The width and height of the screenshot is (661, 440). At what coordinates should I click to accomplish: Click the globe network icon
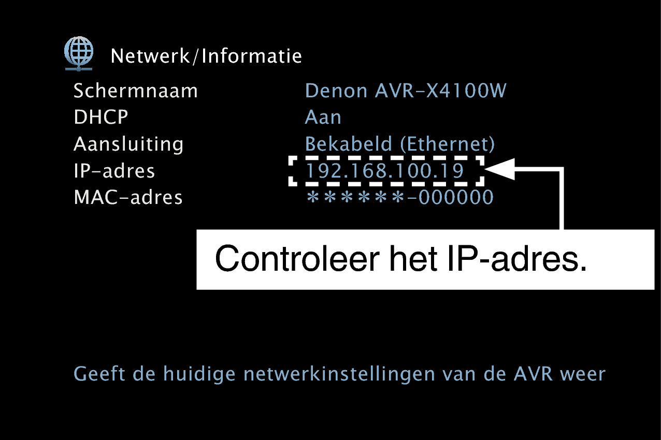pyautogui.click(x=79, y=54)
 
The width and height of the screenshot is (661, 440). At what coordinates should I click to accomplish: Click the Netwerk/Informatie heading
pyautogui.click(x=206, y=56)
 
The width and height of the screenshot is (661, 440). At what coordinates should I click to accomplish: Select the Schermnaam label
pyautogui.click(x=135, y=91)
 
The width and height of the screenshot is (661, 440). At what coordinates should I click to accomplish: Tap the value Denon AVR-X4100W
pyautogui.click(x=406, y=91)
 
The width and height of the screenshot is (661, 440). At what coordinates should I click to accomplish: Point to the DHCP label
pyautogui.click(x=100, y=117)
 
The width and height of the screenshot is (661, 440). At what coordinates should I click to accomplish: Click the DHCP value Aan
pyautogui.click(x=323, y=117)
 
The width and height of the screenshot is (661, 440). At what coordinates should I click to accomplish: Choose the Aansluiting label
pyautogui.click(x=128, y=144)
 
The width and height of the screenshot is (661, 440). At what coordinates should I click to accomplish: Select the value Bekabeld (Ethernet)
pyautogui.click(x=399, y=144)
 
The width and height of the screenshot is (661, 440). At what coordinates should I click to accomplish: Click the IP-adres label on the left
pyautogui.click(x=114, y=171)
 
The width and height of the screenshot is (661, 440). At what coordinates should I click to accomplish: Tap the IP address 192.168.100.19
pyautogui.click(x=385, y=171)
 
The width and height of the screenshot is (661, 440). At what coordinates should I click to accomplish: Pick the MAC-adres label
pyautogui.click(x=128, y=197)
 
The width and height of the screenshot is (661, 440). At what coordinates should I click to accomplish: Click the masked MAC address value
pyautogui.click(x=400, y=197)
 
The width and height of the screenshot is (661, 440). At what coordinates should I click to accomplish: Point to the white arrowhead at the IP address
pyautogui.click(x=499, y=169)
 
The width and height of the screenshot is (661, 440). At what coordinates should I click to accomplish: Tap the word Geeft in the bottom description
pyautogui.click(x=99, y=374)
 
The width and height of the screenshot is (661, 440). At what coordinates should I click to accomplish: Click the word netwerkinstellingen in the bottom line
pyautogui.click(x=339, y=375)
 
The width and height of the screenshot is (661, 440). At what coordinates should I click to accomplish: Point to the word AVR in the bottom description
pyautogui.click(x=533, y=374)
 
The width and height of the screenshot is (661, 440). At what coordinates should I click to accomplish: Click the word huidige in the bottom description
pyautogui.click(x=199, y=375)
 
